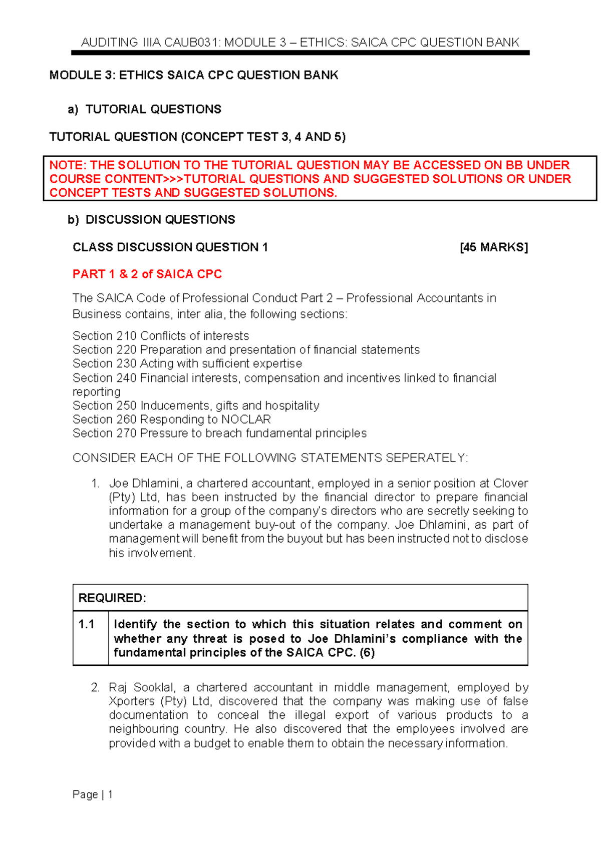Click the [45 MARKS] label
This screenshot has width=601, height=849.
coord(493,247)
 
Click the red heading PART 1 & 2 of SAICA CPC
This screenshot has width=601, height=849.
coord(147,274)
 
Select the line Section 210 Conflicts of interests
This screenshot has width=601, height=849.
coord(160,336)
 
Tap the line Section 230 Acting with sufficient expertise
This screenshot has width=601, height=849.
coord(187,363)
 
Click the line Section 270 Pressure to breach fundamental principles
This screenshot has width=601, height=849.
coord(219,434)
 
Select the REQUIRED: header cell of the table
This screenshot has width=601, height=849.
coord(112,598)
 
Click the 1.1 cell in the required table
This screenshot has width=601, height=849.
coord(87,624)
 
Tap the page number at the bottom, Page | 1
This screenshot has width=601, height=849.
coord(93,794)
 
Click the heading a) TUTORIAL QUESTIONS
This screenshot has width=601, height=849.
coord(145,109)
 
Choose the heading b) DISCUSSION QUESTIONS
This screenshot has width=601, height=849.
coord(151,220)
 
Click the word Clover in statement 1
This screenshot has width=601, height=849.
coord(510,484)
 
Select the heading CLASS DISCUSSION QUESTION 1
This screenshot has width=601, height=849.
coord(170,247)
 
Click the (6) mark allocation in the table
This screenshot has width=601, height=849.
coord(367,653)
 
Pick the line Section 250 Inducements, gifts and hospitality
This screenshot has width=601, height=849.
coord(196,405)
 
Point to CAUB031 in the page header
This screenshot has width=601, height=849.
coord(192,43)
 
